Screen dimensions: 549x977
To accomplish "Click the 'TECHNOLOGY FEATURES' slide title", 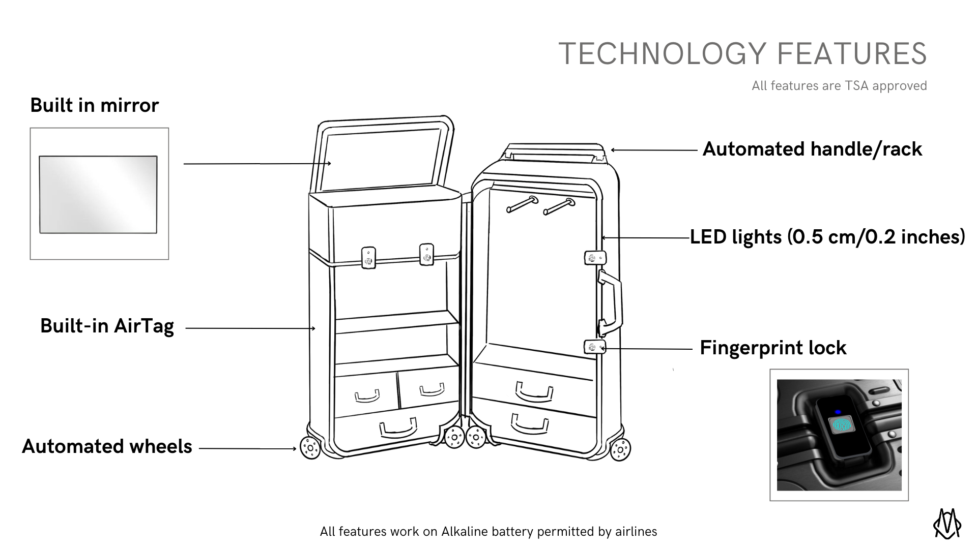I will tap(742, 54).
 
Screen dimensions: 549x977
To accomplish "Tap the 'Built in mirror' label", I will tap(95, 105).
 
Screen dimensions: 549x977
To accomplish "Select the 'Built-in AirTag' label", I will tap(107, 326).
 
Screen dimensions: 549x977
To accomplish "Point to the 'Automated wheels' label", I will tap(107, 446).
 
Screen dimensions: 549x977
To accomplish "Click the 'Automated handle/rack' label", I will tap(812, 149).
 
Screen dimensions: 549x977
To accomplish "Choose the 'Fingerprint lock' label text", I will tap(773, 348).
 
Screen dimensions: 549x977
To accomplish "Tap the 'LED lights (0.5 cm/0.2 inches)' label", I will tap(827, 237).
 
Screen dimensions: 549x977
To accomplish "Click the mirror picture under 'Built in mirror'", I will tap(98, 194).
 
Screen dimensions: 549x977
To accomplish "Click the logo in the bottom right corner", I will tap(947, 524).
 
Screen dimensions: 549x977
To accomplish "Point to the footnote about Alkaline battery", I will tap(489, 532).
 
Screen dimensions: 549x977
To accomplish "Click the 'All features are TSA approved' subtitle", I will tap(839, 86).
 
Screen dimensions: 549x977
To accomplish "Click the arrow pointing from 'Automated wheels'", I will tap(247, 449).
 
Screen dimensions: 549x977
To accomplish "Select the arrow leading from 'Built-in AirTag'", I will tap(250, 328).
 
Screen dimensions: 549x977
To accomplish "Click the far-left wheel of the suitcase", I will tap(310, 448).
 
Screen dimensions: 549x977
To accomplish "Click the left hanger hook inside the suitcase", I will tap(522, 204).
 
